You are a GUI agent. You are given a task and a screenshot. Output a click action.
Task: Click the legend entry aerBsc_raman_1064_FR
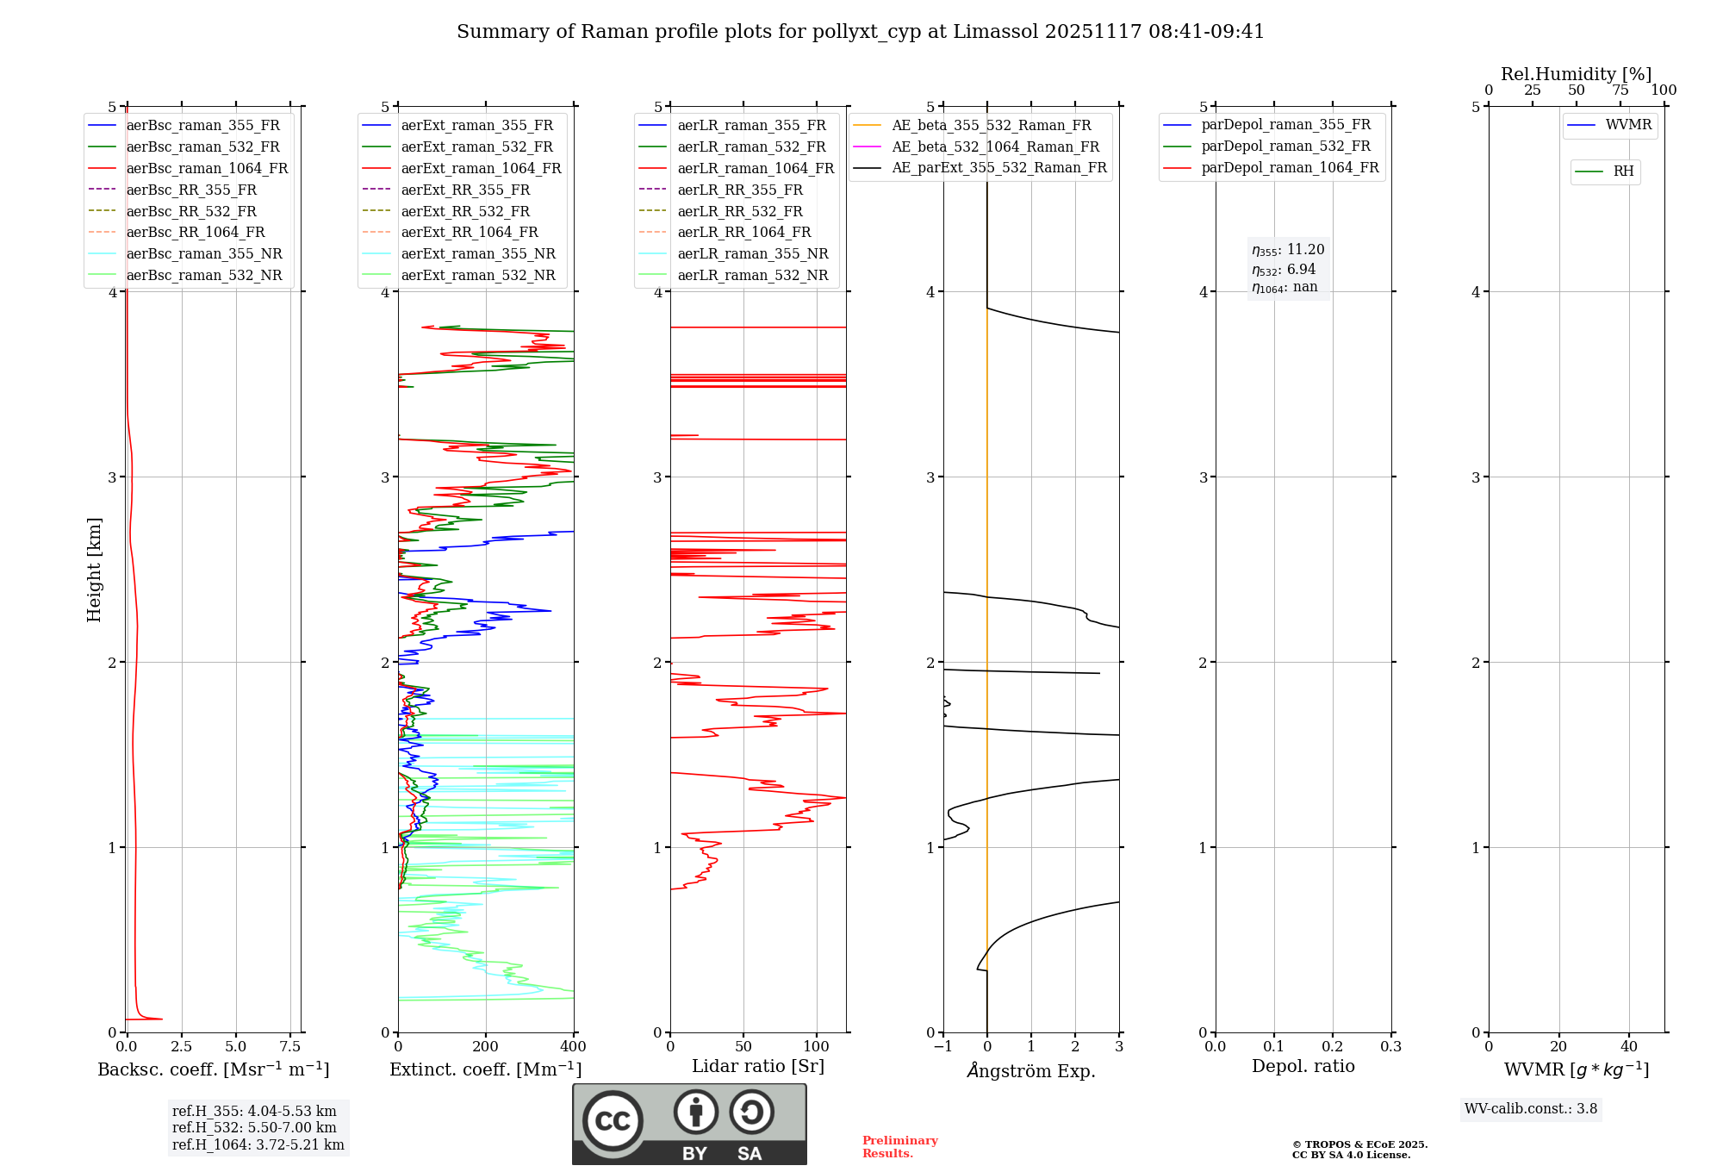coord(207,169)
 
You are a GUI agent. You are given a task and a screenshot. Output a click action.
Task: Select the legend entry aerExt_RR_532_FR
coord(465,212)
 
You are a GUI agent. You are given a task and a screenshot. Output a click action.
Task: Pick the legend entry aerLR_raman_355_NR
coord(752,254)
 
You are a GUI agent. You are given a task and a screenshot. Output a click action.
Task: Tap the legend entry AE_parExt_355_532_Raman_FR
coord(998,168)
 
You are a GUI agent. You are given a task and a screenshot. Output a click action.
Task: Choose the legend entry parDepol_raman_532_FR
coord(1285,146)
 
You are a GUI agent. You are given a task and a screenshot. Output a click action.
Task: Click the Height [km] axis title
coord(94,570)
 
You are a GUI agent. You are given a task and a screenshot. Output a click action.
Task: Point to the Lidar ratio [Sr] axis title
coord(758,1067)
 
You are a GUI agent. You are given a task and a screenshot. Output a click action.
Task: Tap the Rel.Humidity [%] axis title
coord(1576,74)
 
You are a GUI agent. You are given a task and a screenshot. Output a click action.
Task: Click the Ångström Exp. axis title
coord(1031,1071)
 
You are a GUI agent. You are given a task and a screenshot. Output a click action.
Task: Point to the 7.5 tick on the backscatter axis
coord(290,1047)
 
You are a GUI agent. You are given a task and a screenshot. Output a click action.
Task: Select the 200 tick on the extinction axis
coord(486,1047)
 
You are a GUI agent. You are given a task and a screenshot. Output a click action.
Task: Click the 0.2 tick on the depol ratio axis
coord(1333,1047)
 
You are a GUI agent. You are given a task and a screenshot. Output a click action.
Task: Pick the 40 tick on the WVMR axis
coord(1629,1047)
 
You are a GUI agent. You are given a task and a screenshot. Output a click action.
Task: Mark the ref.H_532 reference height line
coord(254,1128)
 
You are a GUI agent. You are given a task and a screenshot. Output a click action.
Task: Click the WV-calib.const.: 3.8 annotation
coord(1531,1109)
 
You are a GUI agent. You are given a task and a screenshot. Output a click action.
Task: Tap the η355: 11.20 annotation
coord(1288,250)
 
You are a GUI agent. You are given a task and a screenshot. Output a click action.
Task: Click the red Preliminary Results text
coord(899,1147)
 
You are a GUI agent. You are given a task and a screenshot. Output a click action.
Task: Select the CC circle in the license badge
coord(613,1121)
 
